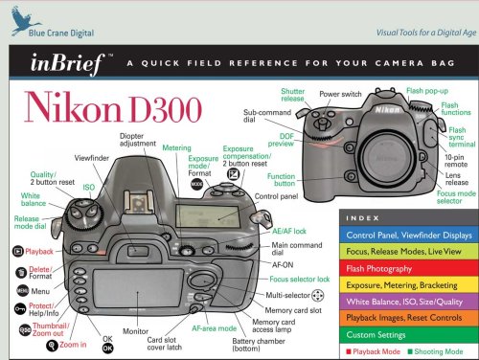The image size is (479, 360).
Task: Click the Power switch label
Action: click(x=342, y=96)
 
